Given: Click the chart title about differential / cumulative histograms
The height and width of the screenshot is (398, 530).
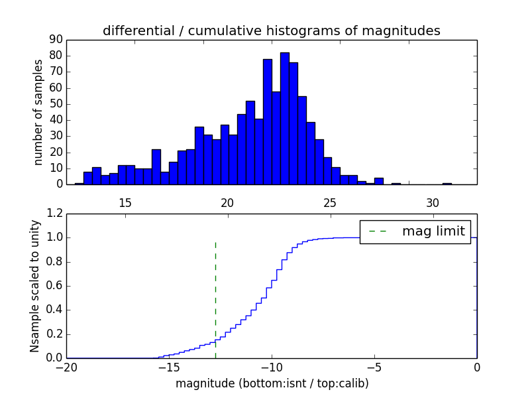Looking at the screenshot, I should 271,31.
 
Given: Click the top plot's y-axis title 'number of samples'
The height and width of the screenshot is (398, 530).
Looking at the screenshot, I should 38,112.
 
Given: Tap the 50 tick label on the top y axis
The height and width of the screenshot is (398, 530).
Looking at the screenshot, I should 56,103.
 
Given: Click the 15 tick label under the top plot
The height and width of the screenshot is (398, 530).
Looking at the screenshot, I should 125,202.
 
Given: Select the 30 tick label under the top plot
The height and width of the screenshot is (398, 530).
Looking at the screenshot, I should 432,202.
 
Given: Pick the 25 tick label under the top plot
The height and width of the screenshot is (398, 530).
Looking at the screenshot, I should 330,202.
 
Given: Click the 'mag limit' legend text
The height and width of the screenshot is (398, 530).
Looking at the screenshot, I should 433,232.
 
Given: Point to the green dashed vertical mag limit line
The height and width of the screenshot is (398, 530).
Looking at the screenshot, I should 215,298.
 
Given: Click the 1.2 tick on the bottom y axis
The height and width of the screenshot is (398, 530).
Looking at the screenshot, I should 53,214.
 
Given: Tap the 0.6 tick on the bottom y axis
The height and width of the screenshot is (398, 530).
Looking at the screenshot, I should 53,286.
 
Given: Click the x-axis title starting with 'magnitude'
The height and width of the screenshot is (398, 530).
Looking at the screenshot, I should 271,384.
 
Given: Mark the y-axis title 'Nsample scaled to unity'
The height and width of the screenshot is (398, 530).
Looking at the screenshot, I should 34,286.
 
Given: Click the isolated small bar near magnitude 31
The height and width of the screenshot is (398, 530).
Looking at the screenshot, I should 447,183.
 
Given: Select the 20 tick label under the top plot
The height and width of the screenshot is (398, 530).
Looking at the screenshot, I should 227,202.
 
